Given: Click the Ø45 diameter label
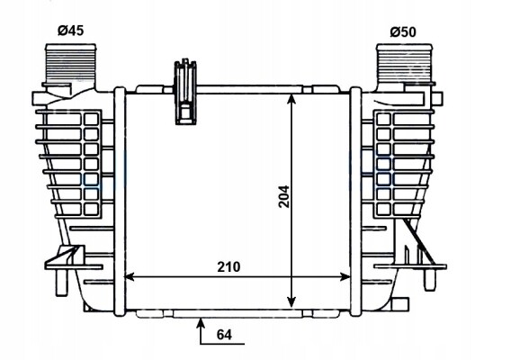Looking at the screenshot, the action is (x=71, y=31).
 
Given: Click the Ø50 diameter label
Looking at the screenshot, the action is (x=403, y=32).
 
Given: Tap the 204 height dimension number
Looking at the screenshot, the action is (x=284, y=196).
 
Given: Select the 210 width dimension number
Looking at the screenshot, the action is (x=229, y=267).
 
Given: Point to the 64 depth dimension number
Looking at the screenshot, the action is (x=224, y=335).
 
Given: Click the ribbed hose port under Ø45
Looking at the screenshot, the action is (x=71, y=65).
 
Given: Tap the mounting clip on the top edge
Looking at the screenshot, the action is (x=185, y=92).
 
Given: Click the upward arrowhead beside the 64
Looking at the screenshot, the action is (x=202, y=323).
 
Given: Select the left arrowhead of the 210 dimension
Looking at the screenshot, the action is (x=130, y=277).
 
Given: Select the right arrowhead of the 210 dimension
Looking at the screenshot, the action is (x=345, y=277).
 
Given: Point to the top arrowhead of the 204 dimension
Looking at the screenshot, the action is (x=291, y=99).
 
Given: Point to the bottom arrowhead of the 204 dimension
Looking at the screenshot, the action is (x=291, y=302).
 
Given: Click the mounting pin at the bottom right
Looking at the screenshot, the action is (x=429, y=280).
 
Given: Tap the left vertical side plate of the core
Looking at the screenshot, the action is (x=120, y=202).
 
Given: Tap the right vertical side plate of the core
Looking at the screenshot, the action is (x=355, y=202).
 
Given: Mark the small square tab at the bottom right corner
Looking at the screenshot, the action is (x=400, y=304).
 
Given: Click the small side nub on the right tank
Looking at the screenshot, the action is (x=437, y=98).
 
